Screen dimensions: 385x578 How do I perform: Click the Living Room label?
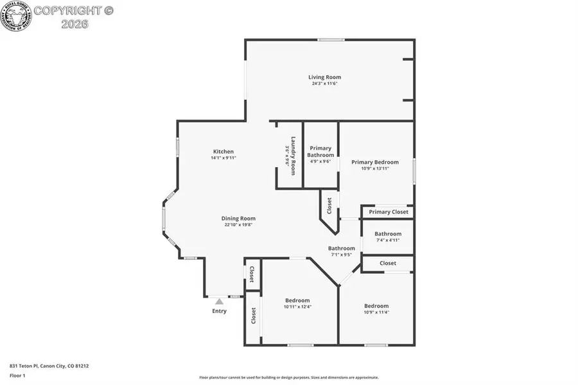(x=324, y=77)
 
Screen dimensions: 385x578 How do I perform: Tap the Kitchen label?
(x=223, y=152)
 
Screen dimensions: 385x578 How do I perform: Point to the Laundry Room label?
(x=293, y=156)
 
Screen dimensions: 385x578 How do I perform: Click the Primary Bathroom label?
(x=320, y=152)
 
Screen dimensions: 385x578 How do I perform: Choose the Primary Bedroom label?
(x=375, y=162)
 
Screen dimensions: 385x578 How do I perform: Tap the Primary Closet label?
(x=389, y=212)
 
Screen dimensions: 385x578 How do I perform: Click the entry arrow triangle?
(x=219, y=300)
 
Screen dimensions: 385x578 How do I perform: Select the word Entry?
(x=219, y=311)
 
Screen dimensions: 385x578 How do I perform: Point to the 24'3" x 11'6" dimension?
(x=324, y=84)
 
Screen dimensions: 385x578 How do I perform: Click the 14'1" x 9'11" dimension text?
(x=223, y=158)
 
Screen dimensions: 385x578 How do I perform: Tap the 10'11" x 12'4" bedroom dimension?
(x=297, y=307)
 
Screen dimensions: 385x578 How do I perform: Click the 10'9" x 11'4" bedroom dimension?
(x=376, y=312)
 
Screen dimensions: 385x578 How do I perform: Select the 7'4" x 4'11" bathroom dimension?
(x=388, y=240)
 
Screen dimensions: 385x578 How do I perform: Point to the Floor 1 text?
(x=17, y=375)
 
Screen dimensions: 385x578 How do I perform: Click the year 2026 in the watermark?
(x=74, y=24)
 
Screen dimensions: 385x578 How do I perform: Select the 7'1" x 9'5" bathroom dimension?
(x=342, y=255)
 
